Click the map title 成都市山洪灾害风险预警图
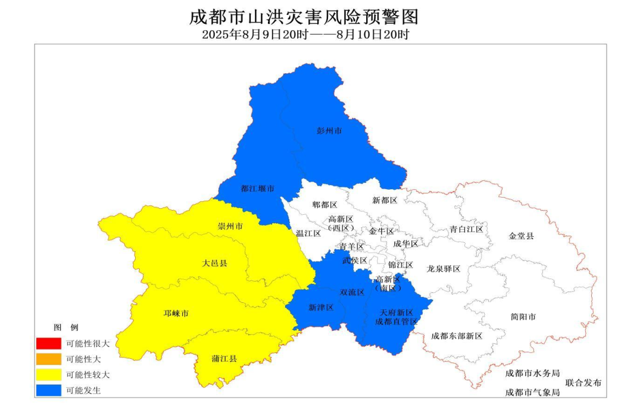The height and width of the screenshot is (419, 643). [x=304, y=16]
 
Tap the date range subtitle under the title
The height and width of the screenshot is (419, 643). [x=305, y=35]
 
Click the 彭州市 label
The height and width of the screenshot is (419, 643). [x=329, y=130]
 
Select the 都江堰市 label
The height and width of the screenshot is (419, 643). [x=258, y=189]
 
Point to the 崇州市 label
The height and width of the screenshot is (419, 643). [x=230, y=227]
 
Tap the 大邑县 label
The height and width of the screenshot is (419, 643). [x=214, y=262]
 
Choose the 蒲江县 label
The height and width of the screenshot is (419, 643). [x=224, y=359]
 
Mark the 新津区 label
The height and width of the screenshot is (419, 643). [x=321, y=308]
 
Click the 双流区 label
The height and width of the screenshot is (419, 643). [x=352, y=292]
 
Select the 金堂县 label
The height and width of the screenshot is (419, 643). [x=522, y=236]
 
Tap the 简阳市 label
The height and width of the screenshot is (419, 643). [x=523, y=317]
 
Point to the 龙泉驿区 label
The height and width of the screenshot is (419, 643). [x=444, y=269]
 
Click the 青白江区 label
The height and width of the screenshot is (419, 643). [x=467, y=229]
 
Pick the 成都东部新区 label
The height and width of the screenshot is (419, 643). [x=457, y=336]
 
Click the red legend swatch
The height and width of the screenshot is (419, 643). [x=48, y=343]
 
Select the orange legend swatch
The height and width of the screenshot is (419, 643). [x=48, y=359]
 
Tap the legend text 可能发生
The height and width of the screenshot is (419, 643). [x=83, y=390]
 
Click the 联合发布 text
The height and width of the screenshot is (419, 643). [x=583, y=383]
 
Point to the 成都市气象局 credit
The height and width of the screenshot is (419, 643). [x=532, y=393]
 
